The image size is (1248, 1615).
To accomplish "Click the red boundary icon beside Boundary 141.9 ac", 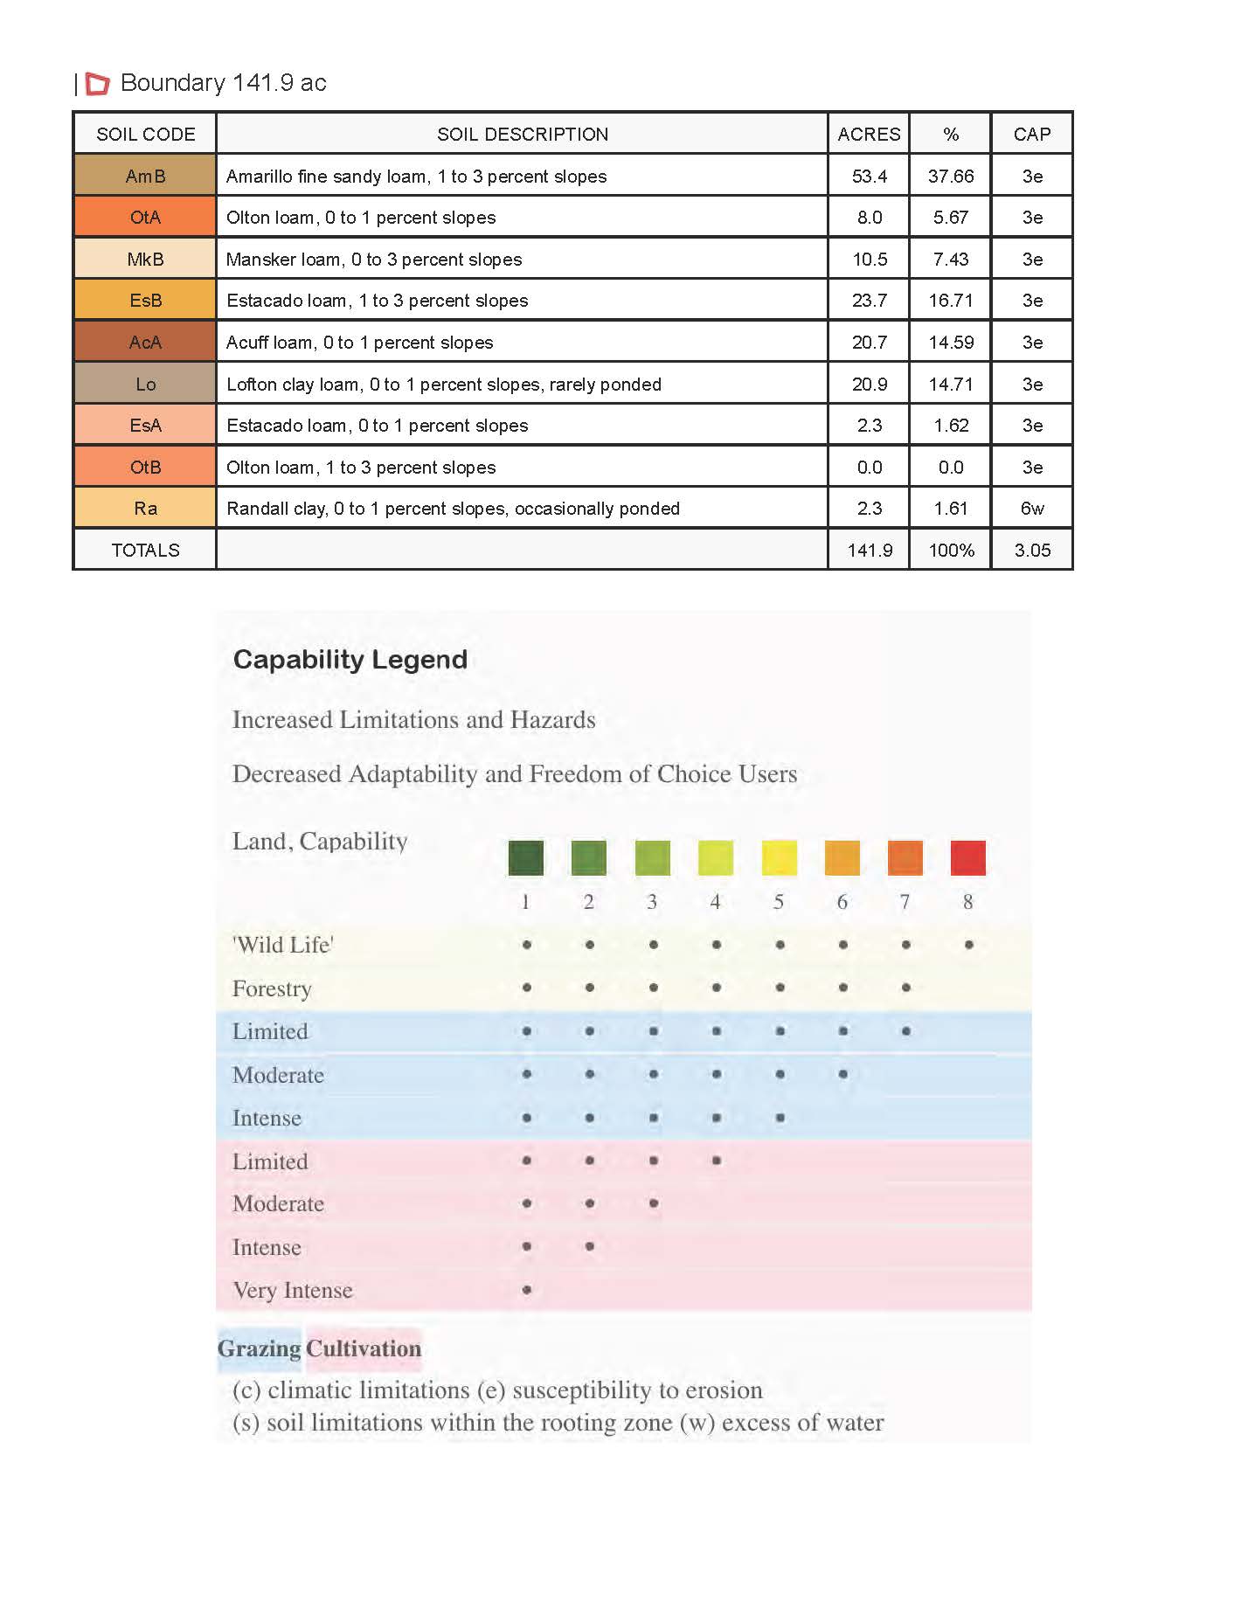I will point(98,84).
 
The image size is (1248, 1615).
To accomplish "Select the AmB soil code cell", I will point(145,176).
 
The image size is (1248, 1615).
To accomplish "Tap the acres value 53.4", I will point(869,176).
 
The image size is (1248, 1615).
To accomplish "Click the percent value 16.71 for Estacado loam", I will point(951,301).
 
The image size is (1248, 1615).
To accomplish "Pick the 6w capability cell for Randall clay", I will point(1032,509).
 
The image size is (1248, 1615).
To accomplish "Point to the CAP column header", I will point(1032,135).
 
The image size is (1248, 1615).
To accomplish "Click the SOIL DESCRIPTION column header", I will point(523,135).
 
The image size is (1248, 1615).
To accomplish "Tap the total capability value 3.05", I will point(1032,551).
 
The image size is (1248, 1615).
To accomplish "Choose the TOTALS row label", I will point(145,551).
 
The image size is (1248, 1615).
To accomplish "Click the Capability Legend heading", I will point(350,660).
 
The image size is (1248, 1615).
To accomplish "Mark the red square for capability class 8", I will point(967,857).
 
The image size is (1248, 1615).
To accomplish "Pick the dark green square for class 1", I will point(526,857).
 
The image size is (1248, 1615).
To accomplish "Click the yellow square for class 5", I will point(779,857).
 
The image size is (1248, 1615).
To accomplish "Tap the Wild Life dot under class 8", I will point(968,945).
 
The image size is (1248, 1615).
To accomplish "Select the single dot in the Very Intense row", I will point(526,1290).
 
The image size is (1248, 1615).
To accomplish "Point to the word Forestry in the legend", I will point(272,988).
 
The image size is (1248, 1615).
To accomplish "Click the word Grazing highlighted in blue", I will point(260,1348).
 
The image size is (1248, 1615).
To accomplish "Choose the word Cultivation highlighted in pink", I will point(364,1348).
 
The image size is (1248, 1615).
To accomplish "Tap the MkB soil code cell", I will point(145,260).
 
